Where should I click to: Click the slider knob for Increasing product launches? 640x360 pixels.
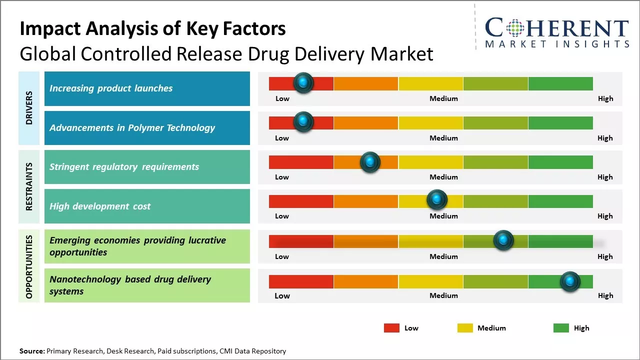point(303,83)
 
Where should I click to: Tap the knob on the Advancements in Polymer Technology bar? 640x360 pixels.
point(303,122)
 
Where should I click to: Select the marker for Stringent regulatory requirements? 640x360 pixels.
point(370,162)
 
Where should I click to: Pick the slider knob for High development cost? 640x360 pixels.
point(437,200)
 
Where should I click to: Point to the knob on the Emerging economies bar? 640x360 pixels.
point(503,240)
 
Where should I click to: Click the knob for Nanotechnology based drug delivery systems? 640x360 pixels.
point(569,281)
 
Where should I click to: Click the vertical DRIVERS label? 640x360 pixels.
point(29,107)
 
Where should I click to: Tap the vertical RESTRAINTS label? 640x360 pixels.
point(29,186)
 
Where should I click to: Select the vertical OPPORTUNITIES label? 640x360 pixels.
point(29,266)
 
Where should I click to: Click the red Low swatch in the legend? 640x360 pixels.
point(391,328)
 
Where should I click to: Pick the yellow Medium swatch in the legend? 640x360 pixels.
point(465,328)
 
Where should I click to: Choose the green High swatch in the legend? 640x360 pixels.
point(561,328)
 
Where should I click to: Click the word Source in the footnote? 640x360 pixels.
point(31,351)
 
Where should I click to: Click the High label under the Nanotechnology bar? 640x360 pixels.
point(605,295)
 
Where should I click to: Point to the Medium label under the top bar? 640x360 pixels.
point(443,98)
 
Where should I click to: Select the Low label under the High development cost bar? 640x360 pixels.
point(282,216)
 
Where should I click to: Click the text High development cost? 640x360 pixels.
point(100,206)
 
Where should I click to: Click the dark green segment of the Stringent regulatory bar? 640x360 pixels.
point(560,162)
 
